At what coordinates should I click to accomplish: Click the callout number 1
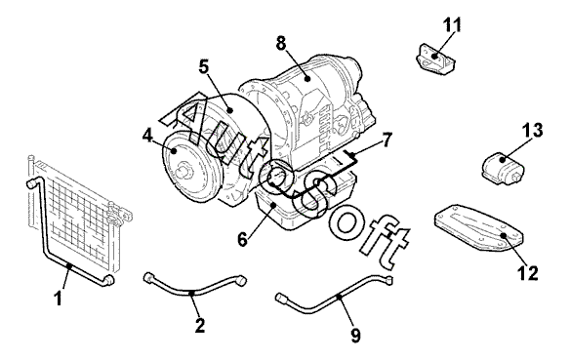coord(59,299)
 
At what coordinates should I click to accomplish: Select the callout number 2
coord(199,325)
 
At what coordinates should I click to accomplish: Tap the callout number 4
coord(147,136)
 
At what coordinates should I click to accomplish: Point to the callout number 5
coord(204,67)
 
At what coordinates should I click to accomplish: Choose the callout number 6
coord(242,239)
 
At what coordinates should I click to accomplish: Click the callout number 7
coord(387,140)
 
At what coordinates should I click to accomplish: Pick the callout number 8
coord(281,44)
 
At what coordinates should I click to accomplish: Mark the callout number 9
coord(355,336)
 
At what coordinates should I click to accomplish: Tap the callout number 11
coord(452,25)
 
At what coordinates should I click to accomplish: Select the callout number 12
coord(527,273)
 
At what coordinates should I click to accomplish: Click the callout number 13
coord(533,130)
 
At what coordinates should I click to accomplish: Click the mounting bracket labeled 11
coord(434,59)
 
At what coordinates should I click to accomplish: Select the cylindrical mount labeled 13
coord(504,167)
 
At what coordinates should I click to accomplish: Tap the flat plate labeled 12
coord(477,228)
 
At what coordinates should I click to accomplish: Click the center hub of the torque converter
coord(185,171)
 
